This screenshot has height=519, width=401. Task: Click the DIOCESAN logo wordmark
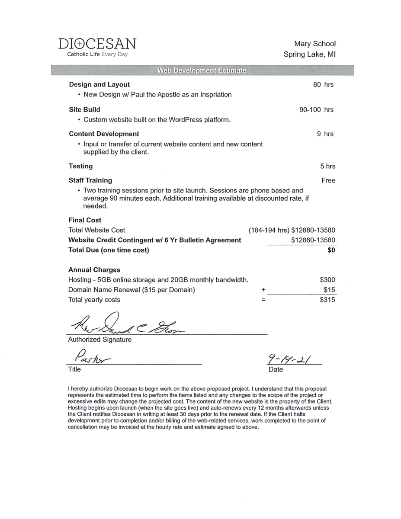(97, 44)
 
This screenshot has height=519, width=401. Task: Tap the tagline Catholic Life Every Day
(97, 54)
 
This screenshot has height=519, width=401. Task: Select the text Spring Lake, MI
(309, 54)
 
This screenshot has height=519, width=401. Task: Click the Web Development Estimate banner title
(202, 70)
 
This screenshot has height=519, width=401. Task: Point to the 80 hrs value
(323, 85)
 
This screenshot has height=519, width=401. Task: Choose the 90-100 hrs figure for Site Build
(316, 110)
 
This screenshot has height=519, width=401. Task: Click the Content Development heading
(104, 134)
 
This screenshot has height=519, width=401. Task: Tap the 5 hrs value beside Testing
(327, 167)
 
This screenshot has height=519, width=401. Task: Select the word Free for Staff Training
(328, 180)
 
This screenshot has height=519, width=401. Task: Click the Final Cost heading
(85, 220)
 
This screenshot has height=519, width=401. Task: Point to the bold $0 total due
(331, 250)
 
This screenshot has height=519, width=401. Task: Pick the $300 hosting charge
(327, 280)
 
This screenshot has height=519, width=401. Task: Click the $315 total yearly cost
(327, 300)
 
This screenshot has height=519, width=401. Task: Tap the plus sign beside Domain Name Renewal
(263, 290)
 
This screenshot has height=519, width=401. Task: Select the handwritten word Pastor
(93, 358)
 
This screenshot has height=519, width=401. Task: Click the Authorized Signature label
(99, 340)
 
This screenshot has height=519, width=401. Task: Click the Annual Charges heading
(94, 270)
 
